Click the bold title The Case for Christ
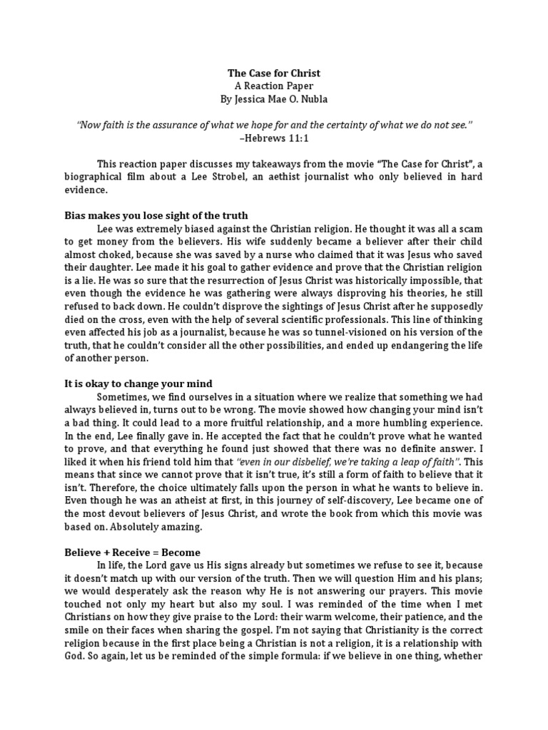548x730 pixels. (273, 73)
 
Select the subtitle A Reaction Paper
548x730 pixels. (273, 86)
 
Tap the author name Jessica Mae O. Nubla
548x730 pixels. (273, 98)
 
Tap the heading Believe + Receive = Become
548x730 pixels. (132, 552)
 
